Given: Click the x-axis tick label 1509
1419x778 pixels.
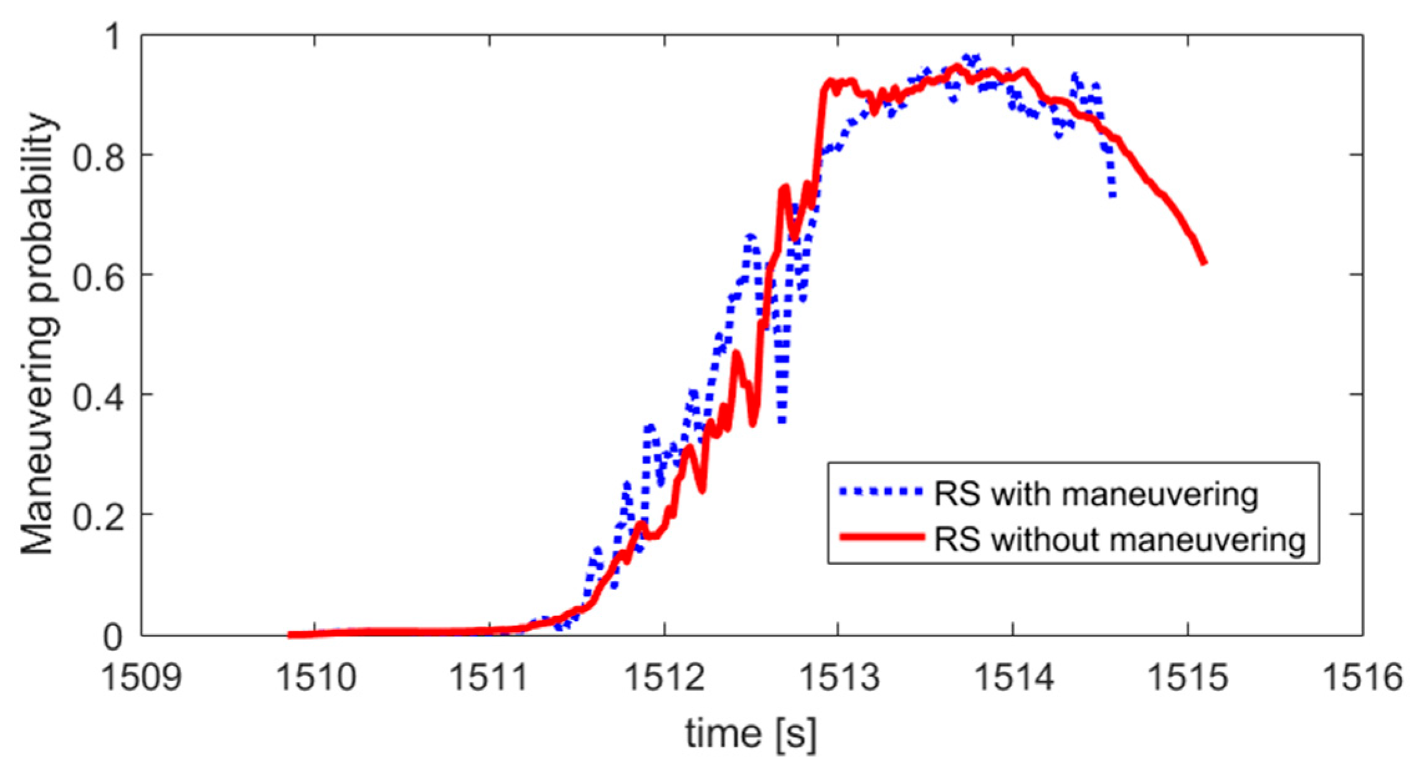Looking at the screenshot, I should (141, 678).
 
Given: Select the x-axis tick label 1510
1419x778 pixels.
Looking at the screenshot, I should (316, 678).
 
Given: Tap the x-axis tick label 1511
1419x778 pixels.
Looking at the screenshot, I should (490, 678).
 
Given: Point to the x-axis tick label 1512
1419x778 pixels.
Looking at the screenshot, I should (664, 678).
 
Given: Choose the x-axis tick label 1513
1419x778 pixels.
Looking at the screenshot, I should (838, 678).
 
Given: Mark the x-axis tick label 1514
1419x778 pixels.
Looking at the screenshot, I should (1013, 678).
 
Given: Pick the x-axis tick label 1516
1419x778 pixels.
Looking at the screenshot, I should (1362, 678).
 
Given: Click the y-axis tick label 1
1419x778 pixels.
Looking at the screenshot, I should (113, 37).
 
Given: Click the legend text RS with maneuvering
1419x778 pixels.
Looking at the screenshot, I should (1095, 495).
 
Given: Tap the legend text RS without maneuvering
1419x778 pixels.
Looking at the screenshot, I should (1119, 538).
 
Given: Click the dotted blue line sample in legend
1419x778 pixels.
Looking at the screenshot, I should (880, 492).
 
